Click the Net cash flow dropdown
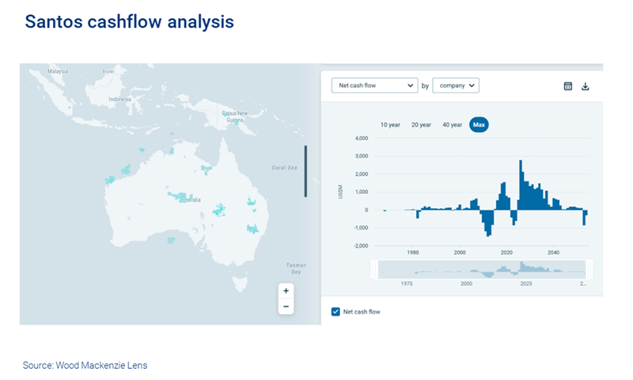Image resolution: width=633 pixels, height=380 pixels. click(374, 85)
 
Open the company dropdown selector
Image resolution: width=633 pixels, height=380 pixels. click(457, 85)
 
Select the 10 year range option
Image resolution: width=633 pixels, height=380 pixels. click(390, 125)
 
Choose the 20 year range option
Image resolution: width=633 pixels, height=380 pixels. click(421, 125)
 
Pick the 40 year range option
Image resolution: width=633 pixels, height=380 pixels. click(452, 125)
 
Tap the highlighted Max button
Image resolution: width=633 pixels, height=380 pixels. click(479, 125)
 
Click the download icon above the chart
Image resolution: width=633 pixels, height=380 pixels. click(586, 86)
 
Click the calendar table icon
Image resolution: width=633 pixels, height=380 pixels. click(568, 86)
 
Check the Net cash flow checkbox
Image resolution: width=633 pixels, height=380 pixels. click(335, 312)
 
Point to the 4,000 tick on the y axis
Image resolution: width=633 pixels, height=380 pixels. click(360, 139)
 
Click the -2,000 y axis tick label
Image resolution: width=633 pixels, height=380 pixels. click(359, 246)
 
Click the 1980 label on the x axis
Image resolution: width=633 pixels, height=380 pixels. click(413, 253)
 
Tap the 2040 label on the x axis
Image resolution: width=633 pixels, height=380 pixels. click(553, 253)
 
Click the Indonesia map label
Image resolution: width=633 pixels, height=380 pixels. click(119, 100)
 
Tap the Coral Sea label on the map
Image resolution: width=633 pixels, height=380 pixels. click(283, 168)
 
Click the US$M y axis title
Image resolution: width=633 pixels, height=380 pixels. click(340, 192)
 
